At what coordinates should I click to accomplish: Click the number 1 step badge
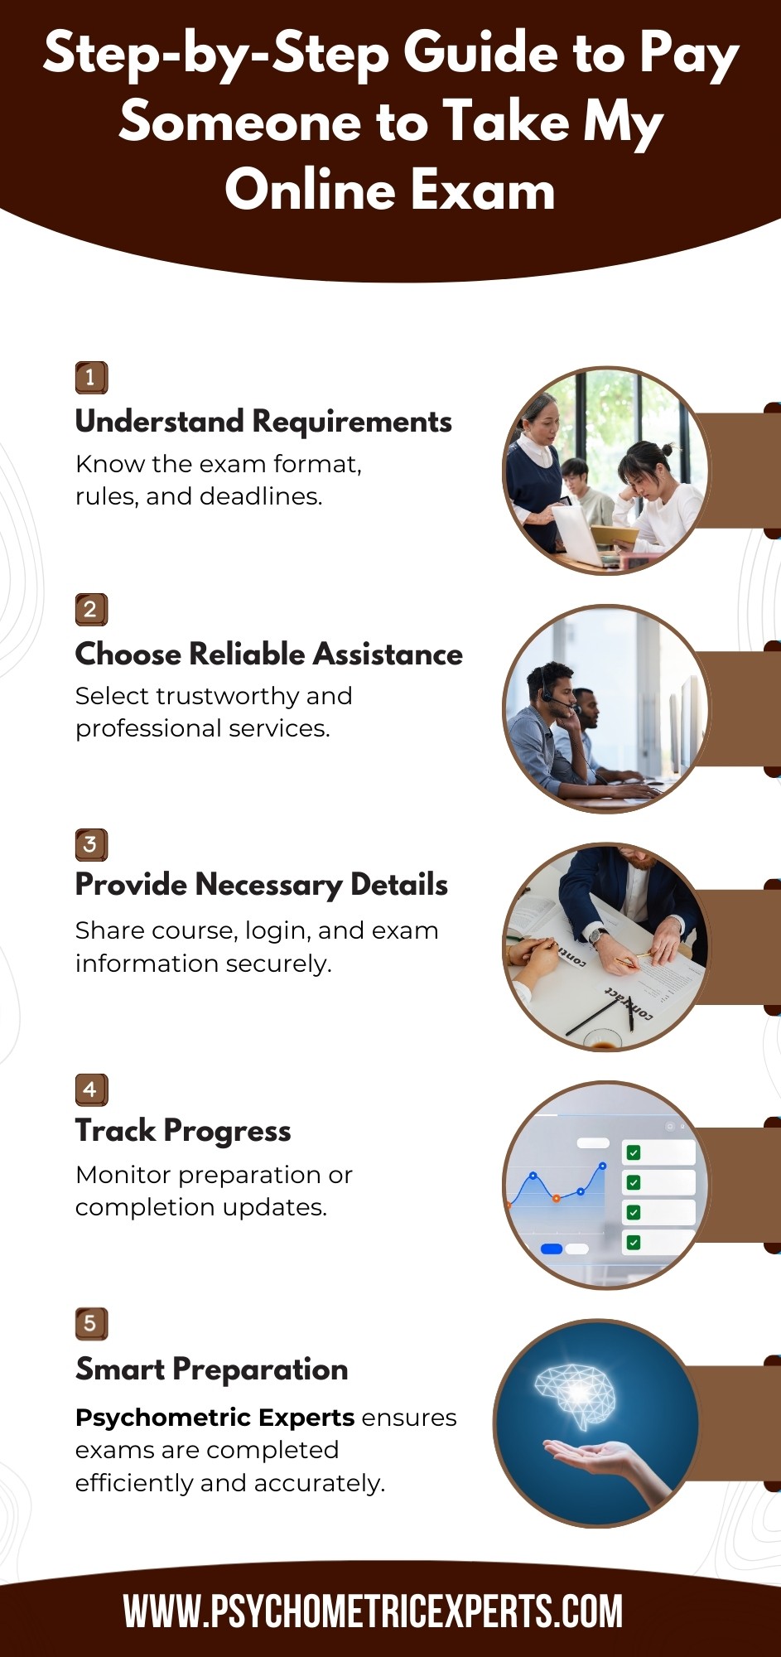point(91,378)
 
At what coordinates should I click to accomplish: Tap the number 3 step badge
point(91,844)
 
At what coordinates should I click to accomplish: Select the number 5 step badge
point(91,1323)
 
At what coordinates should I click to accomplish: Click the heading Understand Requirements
point(263,422)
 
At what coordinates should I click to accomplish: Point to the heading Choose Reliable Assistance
point(269,654)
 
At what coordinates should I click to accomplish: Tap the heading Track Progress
point(183,1132)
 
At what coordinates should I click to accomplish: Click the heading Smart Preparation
point(212,1370)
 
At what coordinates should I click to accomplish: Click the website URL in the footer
point(373,1611)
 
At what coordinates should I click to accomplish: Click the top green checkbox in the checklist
point(634,1152)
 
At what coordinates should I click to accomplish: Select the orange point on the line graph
point(556,1198)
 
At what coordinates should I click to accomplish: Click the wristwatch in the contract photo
point(595,936)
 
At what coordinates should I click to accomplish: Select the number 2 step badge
point(91,610)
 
